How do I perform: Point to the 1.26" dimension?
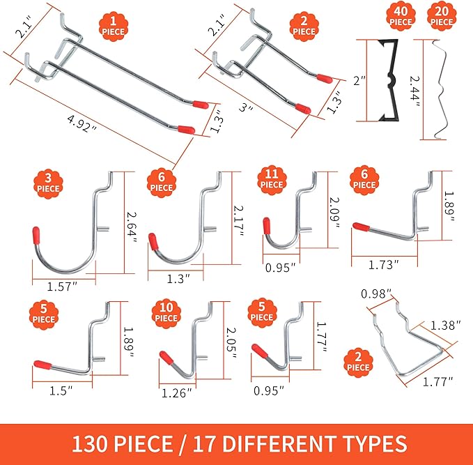click(176, 392)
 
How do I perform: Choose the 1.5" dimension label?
click(62, 392)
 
